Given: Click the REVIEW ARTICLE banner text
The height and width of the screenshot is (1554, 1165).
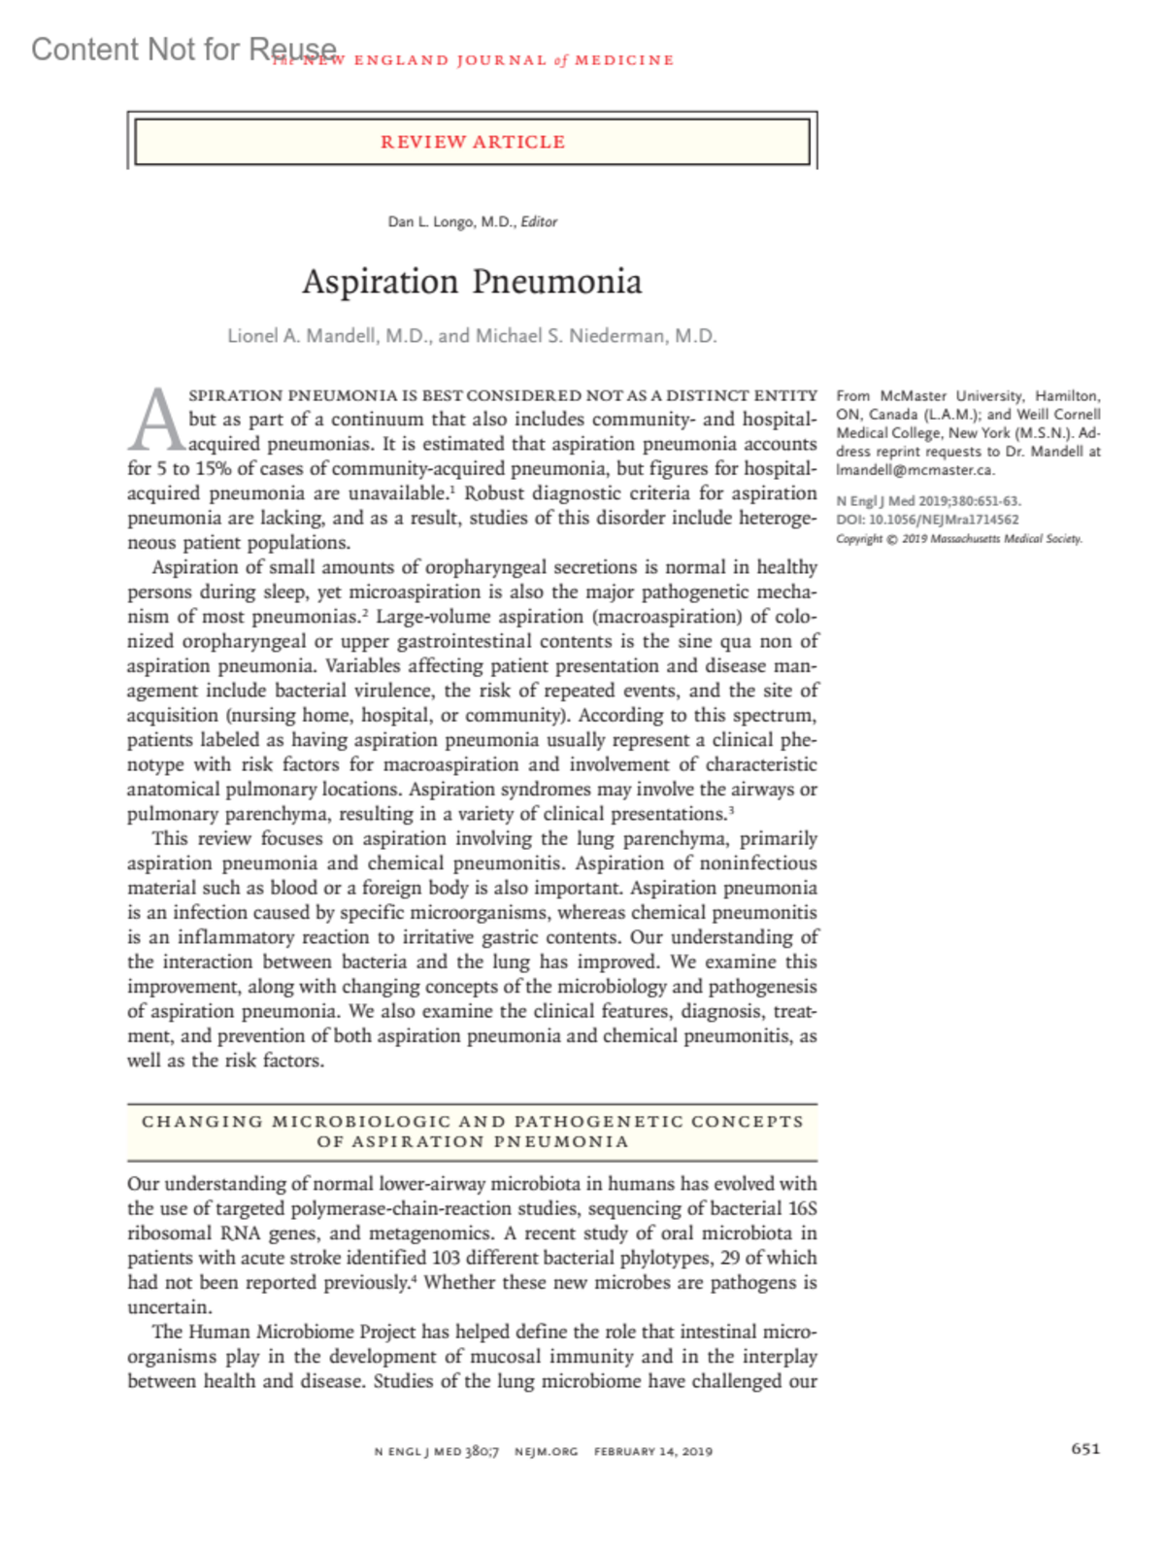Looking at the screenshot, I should [x=472, y=142].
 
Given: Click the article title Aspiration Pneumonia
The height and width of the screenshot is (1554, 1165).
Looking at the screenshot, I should [x=472, y=282].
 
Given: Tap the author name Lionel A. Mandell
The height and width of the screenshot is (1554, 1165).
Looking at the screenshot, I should [x=302, y=336].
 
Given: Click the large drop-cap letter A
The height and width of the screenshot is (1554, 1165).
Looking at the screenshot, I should [x=156, y=421].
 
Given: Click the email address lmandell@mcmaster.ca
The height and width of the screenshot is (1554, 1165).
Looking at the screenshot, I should [x=915, y=470].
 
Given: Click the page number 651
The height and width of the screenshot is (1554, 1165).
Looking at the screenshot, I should [x=1085, y=1449].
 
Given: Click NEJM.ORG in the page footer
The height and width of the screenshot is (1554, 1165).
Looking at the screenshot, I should [x=546, y=1451].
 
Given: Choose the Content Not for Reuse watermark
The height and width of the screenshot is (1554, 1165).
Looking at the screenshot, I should [x=184, y=49].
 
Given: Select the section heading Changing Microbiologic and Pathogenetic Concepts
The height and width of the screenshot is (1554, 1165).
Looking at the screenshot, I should [x=472, y=1122].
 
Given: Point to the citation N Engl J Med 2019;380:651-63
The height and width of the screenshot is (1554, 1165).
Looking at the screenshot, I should [x=928, y=501].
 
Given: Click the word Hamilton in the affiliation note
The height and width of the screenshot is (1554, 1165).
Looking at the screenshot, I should [x=1066, y=396].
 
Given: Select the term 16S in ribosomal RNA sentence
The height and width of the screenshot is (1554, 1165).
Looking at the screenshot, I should [x=802, y=1208].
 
